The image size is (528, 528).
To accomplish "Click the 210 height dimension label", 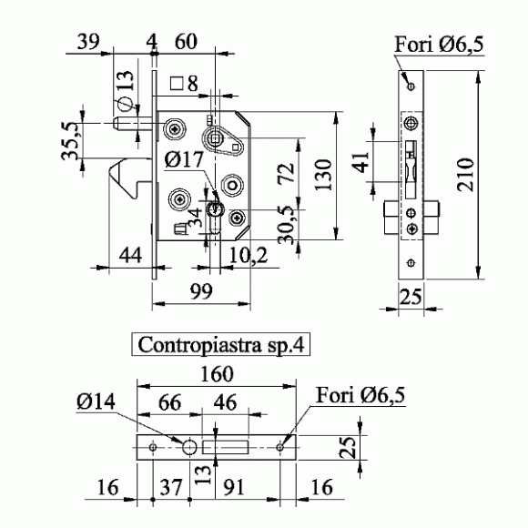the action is point(466,175).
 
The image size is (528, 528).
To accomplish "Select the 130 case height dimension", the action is point(323,175).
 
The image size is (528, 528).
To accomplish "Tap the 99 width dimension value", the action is point(202,291).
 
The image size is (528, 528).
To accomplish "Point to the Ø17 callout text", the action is point(185,159).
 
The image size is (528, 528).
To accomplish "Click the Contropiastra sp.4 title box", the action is point(220,344).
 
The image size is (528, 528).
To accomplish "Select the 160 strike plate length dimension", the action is point(217,374).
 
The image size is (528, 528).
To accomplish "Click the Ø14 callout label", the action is point(96,401).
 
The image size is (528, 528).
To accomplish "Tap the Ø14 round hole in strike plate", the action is point(189,447).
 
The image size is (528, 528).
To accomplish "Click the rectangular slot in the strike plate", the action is point(225,447).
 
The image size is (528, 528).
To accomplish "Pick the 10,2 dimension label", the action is point(249,256).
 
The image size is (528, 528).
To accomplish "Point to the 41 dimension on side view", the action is point(362,162).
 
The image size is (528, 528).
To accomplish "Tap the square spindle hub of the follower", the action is point(215,138).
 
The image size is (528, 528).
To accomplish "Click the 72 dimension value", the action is point(286,173).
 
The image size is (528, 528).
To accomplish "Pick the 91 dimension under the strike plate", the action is point(234,487).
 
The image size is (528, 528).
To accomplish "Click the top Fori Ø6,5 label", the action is point(439,45).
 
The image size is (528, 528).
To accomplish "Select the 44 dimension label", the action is point(130,255).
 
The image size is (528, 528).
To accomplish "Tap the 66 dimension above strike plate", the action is point(169,402).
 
